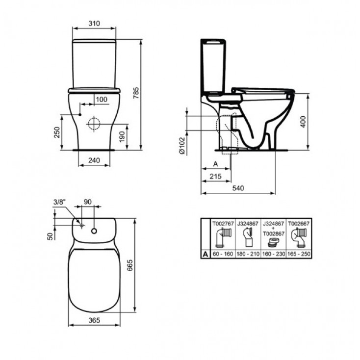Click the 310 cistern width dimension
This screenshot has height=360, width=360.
coord(94,24)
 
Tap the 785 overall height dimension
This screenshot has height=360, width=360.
coord(136,93)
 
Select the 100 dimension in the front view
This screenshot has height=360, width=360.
coord(102,100)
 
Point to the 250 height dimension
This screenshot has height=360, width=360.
coord(57,132)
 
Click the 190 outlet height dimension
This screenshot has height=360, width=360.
coord(122,137)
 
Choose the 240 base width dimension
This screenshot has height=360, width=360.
coord(94,160)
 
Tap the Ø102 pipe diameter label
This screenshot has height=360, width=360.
coord(182,146)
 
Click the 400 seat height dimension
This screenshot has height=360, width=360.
coord(303,122)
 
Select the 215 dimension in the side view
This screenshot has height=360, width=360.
coord(216,176)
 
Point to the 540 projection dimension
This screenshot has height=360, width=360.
coord(238,188)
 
